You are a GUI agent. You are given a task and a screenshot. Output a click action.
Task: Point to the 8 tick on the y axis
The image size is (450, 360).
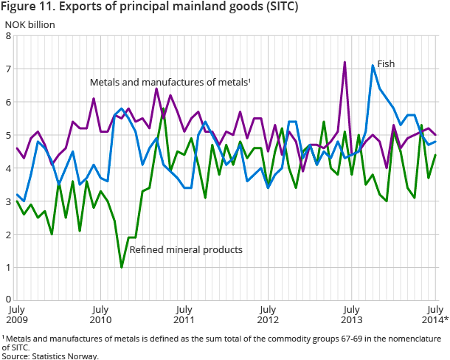coord(7,35)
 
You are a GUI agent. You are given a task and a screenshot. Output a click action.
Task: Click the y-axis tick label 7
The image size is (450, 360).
coord(7,69)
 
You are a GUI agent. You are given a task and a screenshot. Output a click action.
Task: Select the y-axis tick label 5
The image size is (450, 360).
coord(7,135)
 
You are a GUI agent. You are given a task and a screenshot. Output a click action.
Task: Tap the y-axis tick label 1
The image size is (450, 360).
coord(7,268)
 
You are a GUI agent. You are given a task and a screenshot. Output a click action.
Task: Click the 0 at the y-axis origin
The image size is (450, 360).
coord(7,301)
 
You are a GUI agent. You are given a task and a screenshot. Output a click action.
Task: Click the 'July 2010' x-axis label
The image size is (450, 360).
coord(100,314)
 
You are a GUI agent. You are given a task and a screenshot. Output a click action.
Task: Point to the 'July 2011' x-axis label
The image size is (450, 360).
coord(184,314)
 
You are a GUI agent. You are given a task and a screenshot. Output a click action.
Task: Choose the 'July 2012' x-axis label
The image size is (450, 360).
coord(269,314)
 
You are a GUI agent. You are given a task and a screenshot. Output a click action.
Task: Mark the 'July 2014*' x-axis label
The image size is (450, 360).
coord(435,314)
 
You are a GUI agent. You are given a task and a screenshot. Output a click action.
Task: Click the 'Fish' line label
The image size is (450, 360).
coord(386,64)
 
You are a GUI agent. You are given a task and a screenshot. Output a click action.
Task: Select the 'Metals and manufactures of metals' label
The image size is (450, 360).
coord(170,82)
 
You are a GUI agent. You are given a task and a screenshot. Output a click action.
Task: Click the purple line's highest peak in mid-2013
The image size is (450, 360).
coord(345,63)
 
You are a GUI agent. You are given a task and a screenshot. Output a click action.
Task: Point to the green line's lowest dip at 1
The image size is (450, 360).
coord(122,267)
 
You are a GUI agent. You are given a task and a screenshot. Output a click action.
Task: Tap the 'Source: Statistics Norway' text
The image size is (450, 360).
coord(49,356)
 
